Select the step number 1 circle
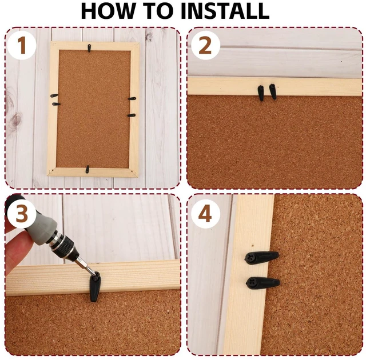click(22, 45)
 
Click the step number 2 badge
click(205, 46)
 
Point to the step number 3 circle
click(22, 214)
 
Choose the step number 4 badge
click(205, 214)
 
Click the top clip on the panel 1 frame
click(89, 48)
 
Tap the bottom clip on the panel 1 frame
click(87, 169)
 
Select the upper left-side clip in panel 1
click(54, 95)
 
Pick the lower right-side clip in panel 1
click(132, 115)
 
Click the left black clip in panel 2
click(261, 93)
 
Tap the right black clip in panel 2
click(273, 91)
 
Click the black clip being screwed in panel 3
click(95, 287)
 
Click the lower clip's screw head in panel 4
click(250, 283)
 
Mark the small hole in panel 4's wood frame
click(253, 246)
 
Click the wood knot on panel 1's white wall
click(17, 119)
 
